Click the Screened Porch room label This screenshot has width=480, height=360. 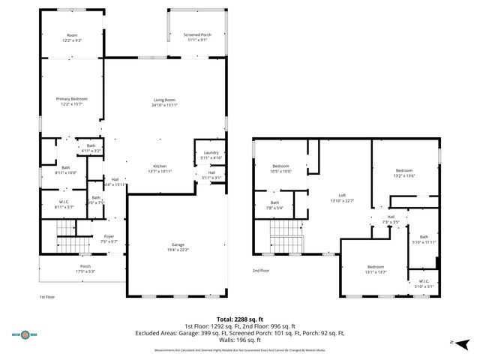click(x=197, y=37)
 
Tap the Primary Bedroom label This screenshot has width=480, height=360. click(x=72, y=100)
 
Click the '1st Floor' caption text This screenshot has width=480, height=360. click(x=47, y=297)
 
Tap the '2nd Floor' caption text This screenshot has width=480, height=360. click(x=261, y=271)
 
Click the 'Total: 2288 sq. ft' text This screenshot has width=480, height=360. click(x=239, y=318)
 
